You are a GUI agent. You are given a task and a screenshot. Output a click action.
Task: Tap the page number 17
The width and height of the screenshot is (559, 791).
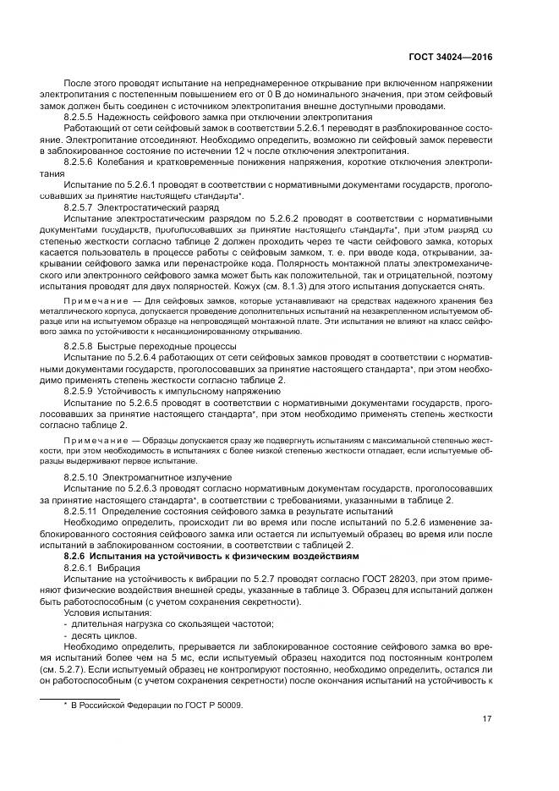point(485,720)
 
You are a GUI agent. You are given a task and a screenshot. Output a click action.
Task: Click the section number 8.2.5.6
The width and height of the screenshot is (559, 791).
point(79,160)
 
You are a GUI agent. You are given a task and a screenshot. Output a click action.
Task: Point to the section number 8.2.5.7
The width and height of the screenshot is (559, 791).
point(79,205)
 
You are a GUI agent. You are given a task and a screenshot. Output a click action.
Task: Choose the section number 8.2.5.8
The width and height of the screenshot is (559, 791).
point(79,346)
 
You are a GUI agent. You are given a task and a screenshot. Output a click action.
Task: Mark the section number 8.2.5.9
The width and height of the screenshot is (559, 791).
point(79,391)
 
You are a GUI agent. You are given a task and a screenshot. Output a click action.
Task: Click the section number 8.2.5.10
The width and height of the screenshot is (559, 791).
point(81,477)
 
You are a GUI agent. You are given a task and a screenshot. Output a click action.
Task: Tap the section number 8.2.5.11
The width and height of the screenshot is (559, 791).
point(81,510)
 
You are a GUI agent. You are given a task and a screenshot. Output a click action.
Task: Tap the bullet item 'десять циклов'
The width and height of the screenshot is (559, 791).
point(101,633)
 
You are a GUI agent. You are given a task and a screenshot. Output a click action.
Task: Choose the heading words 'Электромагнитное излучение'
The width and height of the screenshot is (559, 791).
point(158,477)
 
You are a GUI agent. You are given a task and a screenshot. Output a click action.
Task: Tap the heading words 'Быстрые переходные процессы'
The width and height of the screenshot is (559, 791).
point(157,346)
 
